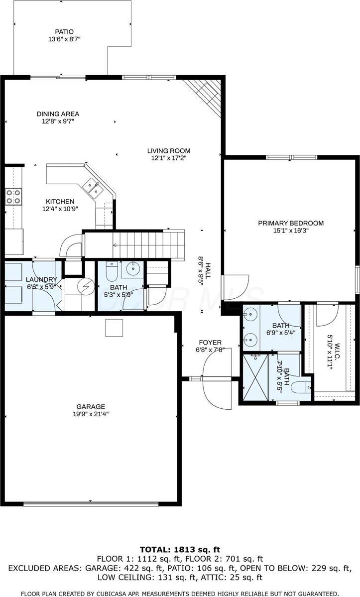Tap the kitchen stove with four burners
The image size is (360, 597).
[x=13, y=196]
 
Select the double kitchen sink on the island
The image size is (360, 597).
[x=93, y=188]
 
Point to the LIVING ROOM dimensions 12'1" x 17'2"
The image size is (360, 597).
[x=168, y=158]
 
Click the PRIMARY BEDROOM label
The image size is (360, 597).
[x=291, y=223]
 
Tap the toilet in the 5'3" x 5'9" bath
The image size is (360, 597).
[x=111, y=272]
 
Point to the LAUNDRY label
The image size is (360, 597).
[x=42, y=279]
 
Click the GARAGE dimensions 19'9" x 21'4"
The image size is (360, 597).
[x=91, y=413]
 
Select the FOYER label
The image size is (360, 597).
[x=210, y=343]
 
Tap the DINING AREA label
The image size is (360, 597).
[x=58, y=114]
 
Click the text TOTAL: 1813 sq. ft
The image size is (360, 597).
[x=180, y=550]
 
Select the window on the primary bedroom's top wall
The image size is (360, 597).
[x=291, y=157]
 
